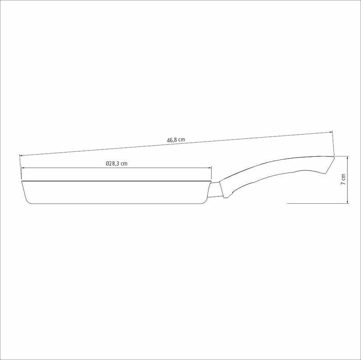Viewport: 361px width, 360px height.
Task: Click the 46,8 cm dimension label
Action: (x=176, y=140)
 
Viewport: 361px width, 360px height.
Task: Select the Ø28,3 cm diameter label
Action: (x=116, y=164)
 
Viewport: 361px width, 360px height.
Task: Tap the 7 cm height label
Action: (x=343, y=179)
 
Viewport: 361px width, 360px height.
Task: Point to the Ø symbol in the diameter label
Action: (x=107, y=164)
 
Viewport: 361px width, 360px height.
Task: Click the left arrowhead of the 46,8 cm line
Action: (x=21, y=155)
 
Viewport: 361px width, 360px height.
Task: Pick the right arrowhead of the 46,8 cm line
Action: (x=331, y=132)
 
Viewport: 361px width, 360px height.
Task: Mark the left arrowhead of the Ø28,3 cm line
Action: (x=23, y=168)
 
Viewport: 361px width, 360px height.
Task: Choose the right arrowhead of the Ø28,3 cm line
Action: (x=210, y=168)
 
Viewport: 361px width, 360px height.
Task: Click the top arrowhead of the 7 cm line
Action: (x=347, y=158)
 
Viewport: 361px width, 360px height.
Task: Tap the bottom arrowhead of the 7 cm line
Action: (x=347, y=202)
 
